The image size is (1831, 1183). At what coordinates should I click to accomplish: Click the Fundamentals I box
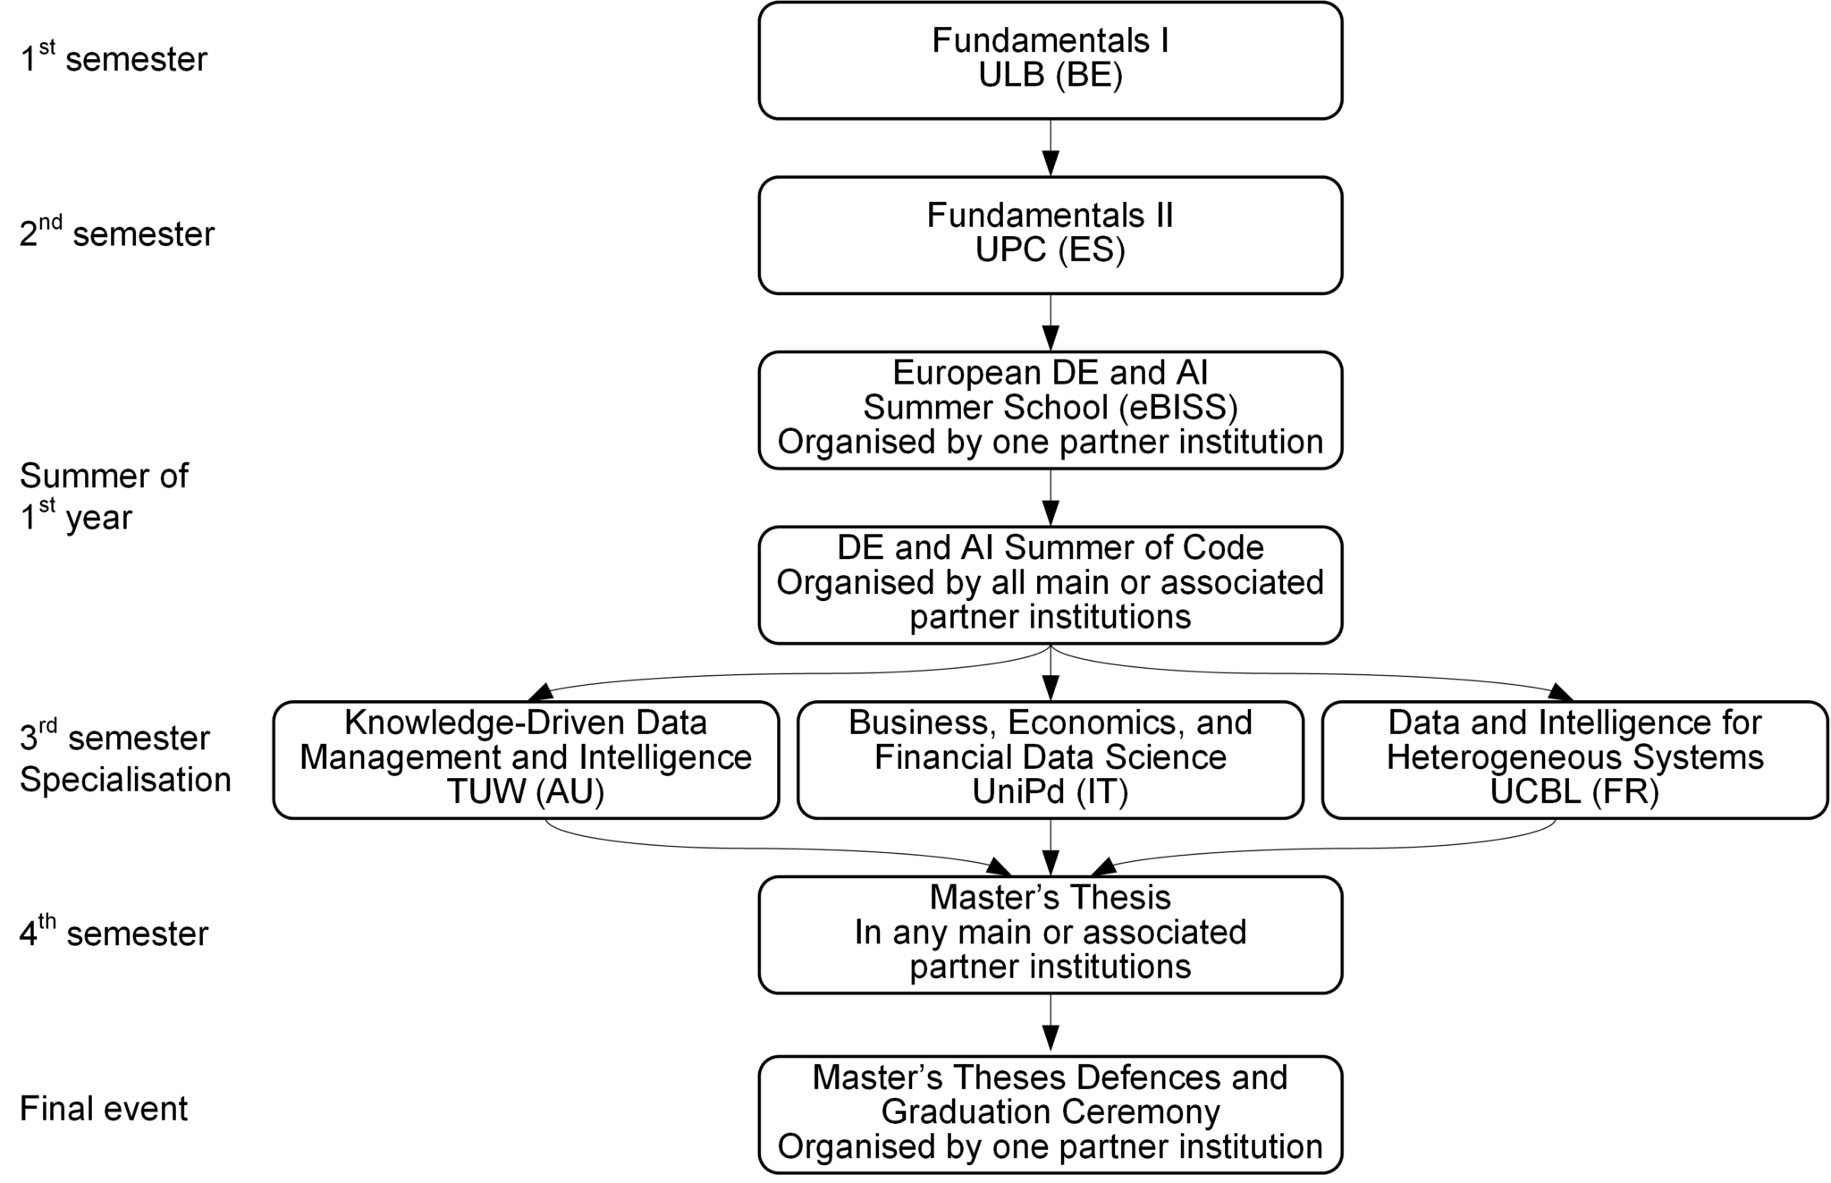point(1050,60)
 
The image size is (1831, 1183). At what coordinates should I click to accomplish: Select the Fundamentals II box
point(1050,234)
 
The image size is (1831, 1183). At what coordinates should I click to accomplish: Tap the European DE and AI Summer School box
point(1050,409)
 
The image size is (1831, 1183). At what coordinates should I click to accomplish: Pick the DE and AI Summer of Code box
point(1050,584)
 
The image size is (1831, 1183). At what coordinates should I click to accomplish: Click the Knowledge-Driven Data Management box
point(526,759)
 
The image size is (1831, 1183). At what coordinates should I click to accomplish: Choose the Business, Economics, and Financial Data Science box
point(1050,759)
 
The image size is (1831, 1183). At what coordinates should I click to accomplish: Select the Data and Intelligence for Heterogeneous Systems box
point(1574,759)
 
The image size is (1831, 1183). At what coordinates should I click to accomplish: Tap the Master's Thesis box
point(1050,934)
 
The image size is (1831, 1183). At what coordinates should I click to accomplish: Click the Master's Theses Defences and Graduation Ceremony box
point(1050,1113)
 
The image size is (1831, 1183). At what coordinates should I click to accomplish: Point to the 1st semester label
point(114,59)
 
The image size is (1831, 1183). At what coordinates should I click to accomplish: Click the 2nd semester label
point(117,233)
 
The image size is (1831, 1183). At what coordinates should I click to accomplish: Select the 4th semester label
point(114,933)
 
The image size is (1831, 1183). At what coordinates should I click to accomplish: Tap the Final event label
point(104,1109)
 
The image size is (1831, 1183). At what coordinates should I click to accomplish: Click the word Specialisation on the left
point(125,780)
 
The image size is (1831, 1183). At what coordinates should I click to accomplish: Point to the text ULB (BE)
point(1050,76)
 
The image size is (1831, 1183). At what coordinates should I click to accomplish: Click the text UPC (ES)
point(1050,250)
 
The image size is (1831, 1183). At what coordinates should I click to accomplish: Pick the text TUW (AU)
point(526,792)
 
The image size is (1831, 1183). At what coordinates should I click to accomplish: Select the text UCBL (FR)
point(1574,792)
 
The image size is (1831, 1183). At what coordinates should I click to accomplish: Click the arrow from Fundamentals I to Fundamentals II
point(1051,148)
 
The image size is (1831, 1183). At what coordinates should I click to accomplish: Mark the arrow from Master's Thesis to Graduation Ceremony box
point(1051,1024)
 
